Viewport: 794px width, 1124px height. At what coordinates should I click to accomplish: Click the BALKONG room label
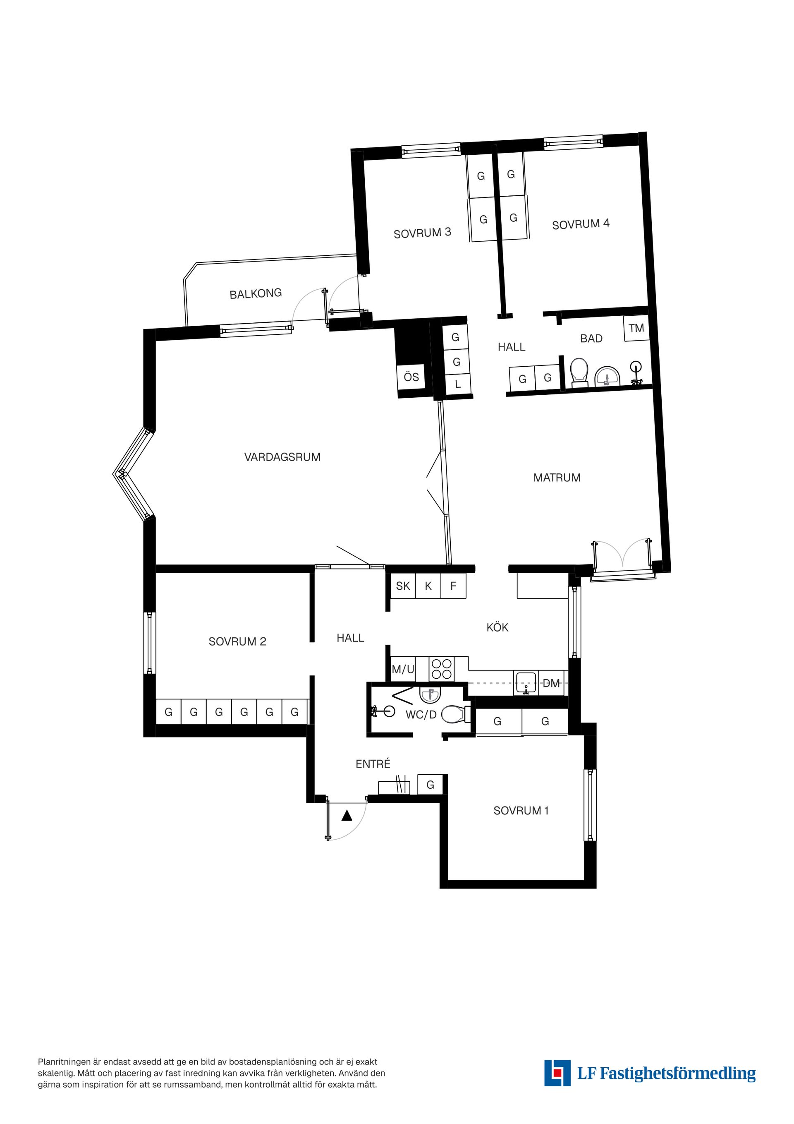point(256,293)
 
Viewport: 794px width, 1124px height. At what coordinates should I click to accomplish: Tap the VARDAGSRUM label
point(282,457)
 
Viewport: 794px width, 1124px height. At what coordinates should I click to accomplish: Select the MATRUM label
point(557,478)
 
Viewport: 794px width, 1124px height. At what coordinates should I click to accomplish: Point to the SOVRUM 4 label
point(581,224)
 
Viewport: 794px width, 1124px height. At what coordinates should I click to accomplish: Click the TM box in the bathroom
point(636,328)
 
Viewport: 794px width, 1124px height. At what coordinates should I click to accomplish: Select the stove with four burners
point(442,669)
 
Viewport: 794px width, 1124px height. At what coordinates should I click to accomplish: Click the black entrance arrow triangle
point(347,816)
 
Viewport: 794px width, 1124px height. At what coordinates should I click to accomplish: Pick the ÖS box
point(411,377)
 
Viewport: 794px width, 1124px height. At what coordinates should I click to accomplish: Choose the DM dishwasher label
point(551,683)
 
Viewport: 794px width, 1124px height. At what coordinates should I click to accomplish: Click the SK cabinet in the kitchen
point(403,586)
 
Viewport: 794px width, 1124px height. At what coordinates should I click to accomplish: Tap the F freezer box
point(454,586)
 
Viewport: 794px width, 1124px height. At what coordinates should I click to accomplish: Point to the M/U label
point(403,670)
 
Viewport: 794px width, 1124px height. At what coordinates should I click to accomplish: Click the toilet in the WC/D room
point(454,715)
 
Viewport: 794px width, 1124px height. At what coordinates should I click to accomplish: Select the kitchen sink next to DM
point(526,682)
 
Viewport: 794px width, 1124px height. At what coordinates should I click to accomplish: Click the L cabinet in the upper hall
point(458,384)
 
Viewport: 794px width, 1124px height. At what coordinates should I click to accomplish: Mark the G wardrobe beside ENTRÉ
point(430,785)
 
